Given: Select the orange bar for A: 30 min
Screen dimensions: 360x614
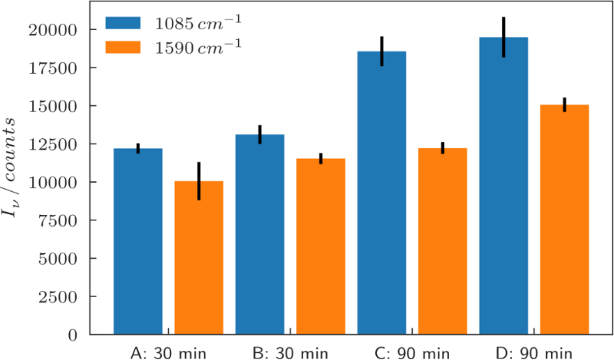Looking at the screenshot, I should click(199, 258).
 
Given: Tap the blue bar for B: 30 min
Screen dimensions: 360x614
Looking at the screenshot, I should click(259, 234).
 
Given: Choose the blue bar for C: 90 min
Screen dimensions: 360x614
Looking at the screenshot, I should click(381, 193).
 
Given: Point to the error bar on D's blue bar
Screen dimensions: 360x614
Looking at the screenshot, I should click(503, 37).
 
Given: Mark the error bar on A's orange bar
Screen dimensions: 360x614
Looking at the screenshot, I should click(199, 181).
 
